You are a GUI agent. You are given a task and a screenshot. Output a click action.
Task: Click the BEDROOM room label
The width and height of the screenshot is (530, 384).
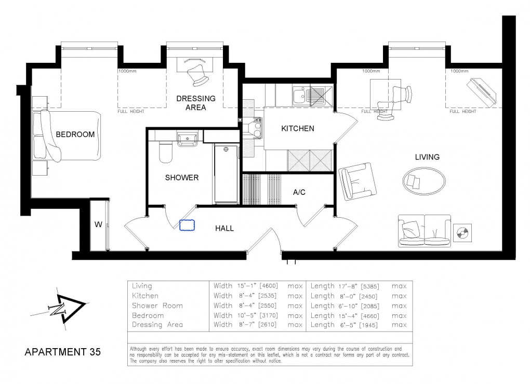pyautogui.click(x=75, y=135)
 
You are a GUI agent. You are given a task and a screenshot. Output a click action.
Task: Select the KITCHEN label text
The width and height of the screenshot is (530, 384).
pyautogui.click(x=298, y=128)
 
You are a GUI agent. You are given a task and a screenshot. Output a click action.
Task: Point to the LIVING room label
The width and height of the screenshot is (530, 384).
pyautogui.click(x=427, y=157)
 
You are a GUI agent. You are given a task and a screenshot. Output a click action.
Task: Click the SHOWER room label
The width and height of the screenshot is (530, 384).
pyautogui.click(x=182, y=178)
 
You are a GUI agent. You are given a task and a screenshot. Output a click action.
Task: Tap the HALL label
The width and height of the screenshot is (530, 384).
pyautogui.click(x=224, y=228)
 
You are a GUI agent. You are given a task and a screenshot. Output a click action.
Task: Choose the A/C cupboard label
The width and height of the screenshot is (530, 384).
pyautogui.click(x=299, y=192)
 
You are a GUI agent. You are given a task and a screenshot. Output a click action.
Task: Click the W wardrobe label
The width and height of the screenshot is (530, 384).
pyautogui.click(x=98, y=224)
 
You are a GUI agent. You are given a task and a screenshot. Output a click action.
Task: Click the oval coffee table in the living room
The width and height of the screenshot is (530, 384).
pyautogui.click(x=423, y=181)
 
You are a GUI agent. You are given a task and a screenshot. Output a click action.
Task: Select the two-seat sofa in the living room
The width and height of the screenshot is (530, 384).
pyautogui.click(x=424, y=231)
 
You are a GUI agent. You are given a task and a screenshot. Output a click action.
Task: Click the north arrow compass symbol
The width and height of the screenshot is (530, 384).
pyautogui.click(x=62, y=306)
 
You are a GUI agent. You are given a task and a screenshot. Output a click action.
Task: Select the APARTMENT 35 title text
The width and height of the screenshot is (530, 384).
pyautogui.click(x=63, y=351)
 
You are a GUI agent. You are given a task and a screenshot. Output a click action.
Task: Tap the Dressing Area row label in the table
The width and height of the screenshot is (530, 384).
pyautogui.click(x=158, y=325)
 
